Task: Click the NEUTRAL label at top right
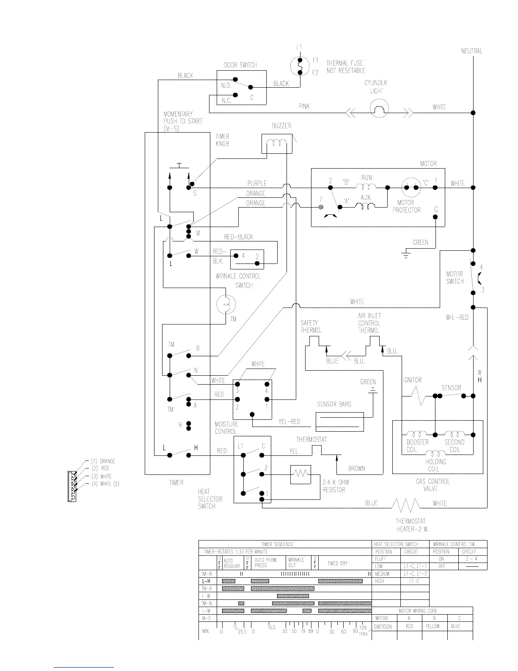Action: click(471, 51)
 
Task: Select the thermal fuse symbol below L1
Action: click(300, 67)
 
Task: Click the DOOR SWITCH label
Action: click(240, 65)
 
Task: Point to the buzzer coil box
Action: click(277, 144)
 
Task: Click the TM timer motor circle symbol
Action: click(226, 303)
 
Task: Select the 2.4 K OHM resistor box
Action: click(300, 474)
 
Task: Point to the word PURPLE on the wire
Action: click(257, 183)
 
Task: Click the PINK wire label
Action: click(304, 106)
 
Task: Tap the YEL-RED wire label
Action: click(289, 421)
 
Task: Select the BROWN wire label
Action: click(356, 469)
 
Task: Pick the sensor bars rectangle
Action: click(339, 422)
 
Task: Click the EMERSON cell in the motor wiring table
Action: click(383, 627)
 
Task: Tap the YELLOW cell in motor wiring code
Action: click(433, 627)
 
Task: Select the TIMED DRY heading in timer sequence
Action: click(337, 564)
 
